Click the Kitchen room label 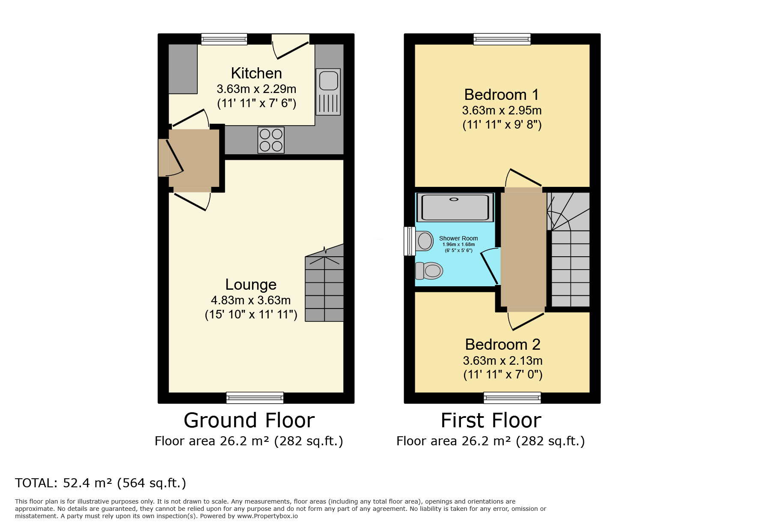(x=256, y=73)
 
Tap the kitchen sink (x=328, y=92)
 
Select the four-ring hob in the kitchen (x=271, y=140)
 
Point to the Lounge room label (x=251, y=285)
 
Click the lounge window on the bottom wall (x=255, y=398)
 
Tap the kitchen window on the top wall (x=224, y=39)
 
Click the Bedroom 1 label (x=502, y=95)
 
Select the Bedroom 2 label (x=502, y=345)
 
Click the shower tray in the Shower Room (x=455, y=207)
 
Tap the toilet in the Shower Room (x=429, y=271)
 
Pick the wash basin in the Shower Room (x=424, y=241)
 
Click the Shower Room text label (x=458, y=238)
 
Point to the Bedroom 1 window (x=502, y=39)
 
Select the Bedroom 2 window (x=512, y=398)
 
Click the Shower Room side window (x=410, y=241)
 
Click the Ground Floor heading (x=249, y=420)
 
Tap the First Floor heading (x=491, y=420)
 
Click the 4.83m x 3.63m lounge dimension (x=251, y=300)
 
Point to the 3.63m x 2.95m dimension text (x=502, y=111)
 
